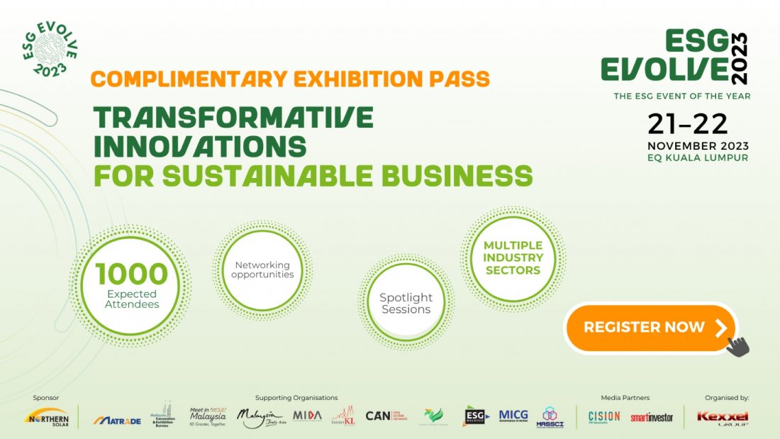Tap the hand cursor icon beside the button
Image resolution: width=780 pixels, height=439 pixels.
click(x=738, y=346)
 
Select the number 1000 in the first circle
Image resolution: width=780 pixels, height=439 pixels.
click(x=132, y=274)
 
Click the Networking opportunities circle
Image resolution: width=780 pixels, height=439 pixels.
click(x=262, y=269)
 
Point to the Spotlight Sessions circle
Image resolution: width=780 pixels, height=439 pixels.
click(x=406, y=303)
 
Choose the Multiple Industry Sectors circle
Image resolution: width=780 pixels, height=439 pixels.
click(x=513, y=257)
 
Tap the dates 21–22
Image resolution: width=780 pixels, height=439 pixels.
click(x=687, y=124)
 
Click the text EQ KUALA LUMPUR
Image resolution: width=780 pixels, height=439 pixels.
click(x=698, y=157)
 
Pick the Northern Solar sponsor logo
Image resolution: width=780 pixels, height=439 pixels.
click(x=46, y=416)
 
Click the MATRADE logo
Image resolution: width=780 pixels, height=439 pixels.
click(x=117, y=420)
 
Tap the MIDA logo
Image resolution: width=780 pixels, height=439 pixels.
click(x=307, y=416)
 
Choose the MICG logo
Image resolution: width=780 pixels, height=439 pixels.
click(x=513, y=416)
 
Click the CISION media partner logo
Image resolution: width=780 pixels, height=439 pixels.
click(x=604, y=416)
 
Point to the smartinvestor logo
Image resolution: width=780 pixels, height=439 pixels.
click(x=652, y=417)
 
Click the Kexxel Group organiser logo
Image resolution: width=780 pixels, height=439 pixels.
click(x=723, y=417)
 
